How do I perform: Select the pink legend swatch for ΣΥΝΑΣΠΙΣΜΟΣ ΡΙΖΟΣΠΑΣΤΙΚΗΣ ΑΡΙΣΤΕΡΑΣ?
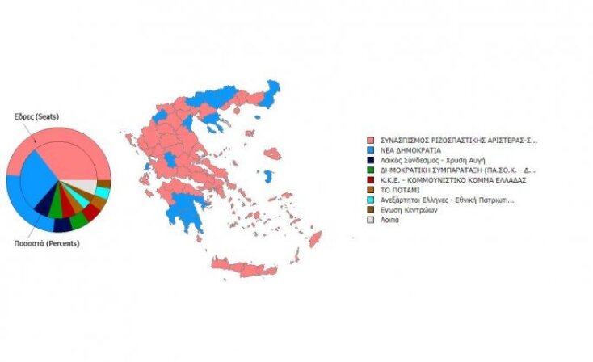pyautogui.click(x=370, y=141)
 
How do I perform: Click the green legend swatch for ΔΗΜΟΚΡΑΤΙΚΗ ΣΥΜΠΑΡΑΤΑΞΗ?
pyautogui.click(x=370, y=170)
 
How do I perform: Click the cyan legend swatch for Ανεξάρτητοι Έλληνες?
pyautogui.click(x=370, y=200)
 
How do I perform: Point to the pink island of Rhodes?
pyautogui.click(x=314, y=239)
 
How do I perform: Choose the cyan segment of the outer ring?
pyautogui.click(x=103, y=193)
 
